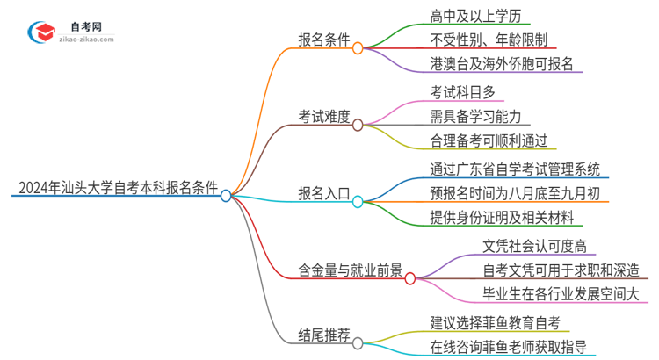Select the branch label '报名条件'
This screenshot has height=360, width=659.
[x=324, y=40]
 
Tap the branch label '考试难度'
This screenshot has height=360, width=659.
[x=324, y=115]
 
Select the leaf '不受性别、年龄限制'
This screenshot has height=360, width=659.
[x=489, y=39]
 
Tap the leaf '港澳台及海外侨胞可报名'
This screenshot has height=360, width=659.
[x=502, y=63]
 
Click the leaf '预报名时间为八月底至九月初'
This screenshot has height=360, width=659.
[x=515, y=192]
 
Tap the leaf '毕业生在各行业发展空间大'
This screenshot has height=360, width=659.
[x=561, y=293]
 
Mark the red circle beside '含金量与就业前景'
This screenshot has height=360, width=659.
[x=410, y=277]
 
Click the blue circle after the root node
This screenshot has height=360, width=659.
[x=227, y=196]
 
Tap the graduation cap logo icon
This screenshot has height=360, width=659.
[x=39, y=32]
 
